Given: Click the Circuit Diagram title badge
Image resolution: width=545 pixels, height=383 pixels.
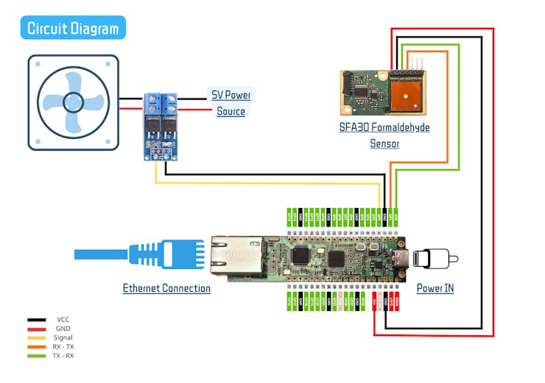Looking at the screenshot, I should pyautogui.click(x=72, y=29).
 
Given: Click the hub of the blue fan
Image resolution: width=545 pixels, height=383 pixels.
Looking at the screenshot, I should pyautogui.click(x=73, y=102).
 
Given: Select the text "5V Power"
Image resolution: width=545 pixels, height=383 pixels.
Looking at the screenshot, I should pyautogui.click(x=231, y=96).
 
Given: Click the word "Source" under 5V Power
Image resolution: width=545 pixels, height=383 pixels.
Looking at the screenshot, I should pyautogui.click(x=231, y=112).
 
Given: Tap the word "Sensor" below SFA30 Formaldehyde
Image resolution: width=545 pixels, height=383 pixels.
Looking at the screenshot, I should pyautogui.click(x=384, y=143).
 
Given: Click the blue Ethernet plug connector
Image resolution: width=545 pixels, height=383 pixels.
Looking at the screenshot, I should pyautogui.click(x=154, y=254).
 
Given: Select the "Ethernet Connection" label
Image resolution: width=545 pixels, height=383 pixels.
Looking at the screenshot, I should pyautogui.click(x=166, y=288).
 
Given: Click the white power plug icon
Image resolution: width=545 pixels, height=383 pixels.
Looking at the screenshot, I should pyautogui.click(x=435, y=259).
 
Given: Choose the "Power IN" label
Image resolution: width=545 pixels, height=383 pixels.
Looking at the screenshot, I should pyautogui.click(x=435, y=288).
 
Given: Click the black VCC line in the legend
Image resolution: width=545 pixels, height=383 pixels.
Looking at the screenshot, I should pyautogui.click(x=38, y=320).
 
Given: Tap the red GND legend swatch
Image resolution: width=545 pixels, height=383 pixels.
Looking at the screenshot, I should pyautogui.click(x=38, y=329).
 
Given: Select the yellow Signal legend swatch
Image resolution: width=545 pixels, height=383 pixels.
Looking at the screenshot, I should pyautogui.click(x=38, y=337).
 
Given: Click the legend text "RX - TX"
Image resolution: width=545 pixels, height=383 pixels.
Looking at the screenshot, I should pyautogui.click(x=64, y=346).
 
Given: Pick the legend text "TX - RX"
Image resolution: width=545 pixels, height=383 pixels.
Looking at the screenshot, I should pyautogui.click(x=64, y=355).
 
